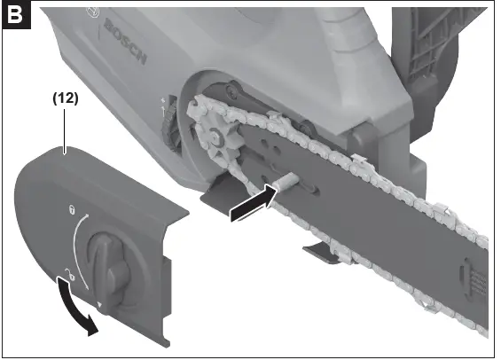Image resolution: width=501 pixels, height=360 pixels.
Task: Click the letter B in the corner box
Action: [x=15, y=16]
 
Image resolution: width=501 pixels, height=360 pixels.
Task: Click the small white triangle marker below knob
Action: [x=99, y=304]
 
